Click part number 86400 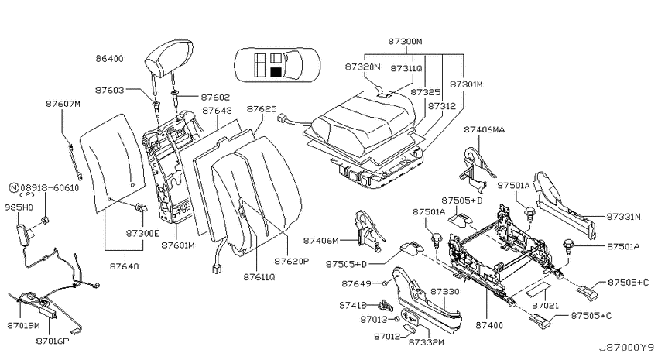[x=109, y=58]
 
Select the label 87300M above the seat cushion [x=405, y=42]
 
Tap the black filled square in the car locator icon [x=276, y=72]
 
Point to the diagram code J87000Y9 [x=626, y=348]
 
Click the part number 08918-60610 [x=50, y=188]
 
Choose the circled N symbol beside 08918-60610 [x=14, y=188]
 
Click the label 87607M [x=63, y=104]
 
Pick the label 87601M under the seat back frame [x=178, y=245]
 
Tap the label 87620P [x=292, y=261]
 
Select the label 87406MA [x=485, y=129]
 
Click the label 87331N [x=624, y=217]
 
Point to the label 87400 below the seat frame [x=489, y=325]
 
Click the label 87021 [x=546, y=306]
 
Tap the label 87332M [x=426, y=342]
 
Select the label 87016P [x=53, y=341]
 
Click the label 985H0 [x=19, y=207]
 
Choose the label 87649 [x=356, y=283]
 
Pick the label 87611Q [x=259, y=277]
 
